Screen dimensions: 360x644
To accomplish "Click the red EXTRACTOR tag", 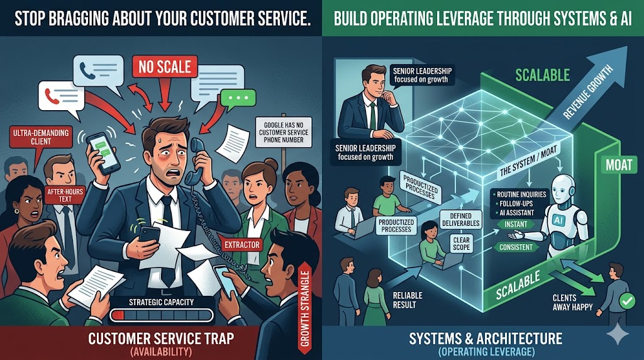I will tap(242, 244).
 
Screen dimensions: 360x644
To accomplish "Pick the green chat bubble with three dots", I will tap(238, 99).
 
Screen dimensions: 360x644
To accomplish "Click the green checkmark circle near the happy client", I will tap(626, 302).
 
